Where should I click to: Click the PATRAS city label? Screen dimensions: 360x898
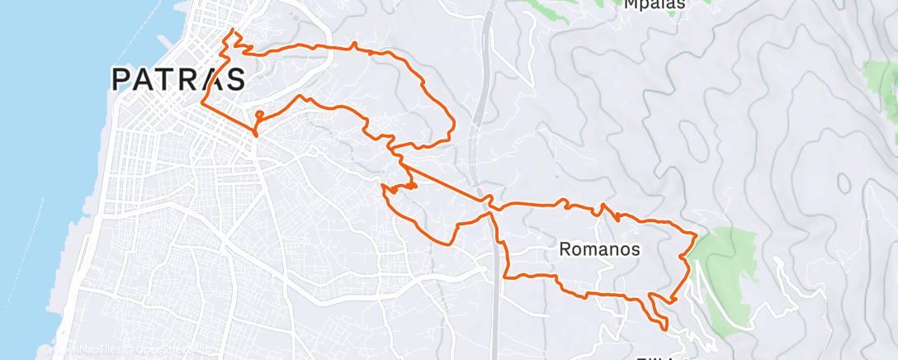178,79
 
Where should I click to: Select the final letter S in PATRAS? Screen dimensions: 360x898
235,79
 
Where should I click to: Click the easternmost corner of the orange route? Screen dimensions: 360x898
697,234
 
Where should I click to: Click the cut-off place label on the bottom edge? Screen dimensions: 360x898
656,357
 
